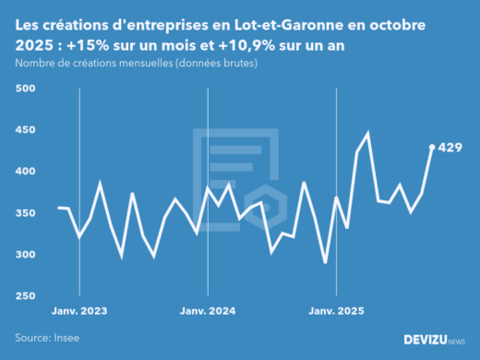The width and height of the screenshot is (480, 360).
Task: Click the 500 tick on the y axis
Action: pos(25,89)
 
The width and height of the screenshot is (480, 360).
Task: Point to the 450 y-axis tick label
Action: pos(25,130)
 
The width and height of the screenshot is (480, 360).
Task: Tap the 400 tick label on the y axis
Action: pos(25,172)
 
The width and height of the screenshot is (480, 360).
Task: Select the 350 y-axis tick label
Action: pos(25,213)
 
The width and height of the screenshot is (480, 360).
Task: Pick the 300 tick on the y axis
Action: pos(25,255)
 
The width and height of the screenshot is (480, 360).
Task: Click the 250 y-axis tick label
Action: pos(25,296)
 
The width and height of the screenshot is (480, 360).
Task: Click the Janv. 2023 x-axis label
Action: pos(79,310)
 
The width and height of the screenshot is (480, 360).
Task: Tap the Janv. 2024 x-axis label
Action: pos(208,310)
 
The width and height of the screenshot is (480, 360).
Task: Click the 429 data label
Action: pos(450,147)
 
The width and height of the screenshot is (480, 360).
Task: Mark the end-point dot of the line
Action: pos(432,147)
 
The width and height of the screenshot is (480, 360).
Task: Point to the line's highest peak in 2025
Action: pos(367,134)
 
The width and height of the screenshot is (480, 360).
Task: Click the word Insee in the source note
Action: pos(66,338)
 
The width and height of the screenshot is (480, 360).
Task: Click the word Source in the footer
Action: pos(30,338)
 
